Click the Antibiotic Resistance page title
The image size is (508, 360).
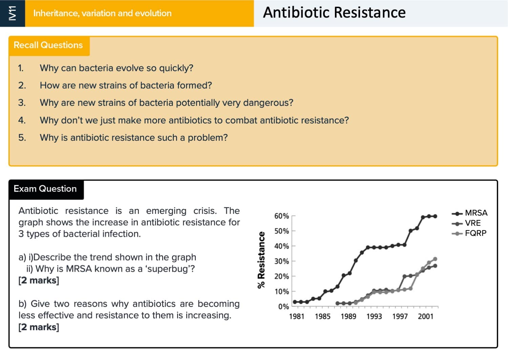pyautogui.click(x=334, y=13)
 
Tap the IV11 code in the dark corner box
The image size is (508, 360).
pyautogui.click(x=13, y=13)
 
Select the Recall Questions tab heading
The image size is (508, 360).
pyautogui.click(x=48, y=45)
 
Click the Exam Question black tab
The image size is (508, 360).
pyautogui.click(x=45, y=189)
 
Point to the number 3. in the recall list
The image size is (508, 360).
pyautogui.click(x=22, y=103)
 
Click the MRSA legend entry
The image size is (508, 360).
pyautogui.click(x=469, y=213)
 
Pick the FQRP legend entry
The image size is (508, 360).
pyautogui.click(x=469, y=233)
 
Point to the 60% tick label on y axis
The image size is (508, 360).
pyautogui.click(x=281, y=216)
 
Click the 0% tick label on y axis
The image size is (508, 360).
pyautogui.click(x=283, y=307)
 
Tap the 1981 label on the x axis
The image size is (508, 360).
pyautogui.click(x=297, y=316)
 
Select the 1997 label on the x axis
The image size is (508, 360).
pyautogui.click(x=400, y=316)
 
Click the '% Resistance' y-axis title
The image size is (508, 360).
pyautogui.click(x=261, y=260)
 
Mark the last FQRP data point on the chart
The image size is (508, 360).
pyautogui.click(x=435, y=259)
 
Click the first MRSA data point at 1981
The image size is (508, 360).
pyautogui.click(x=295, y=302)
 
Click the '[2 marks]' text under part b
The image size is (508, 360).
pyautogui.click(x=39, y=327)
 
